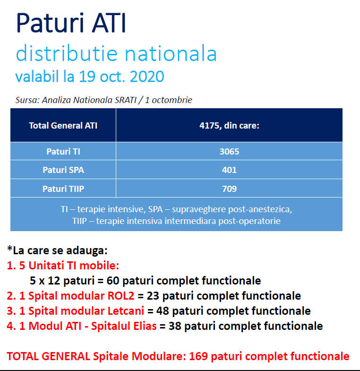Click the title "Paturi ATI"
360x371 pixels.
pyautogui.click(x=71, y=23)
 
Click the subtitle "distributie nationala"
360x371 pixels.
pyautogui.click(x=116, y=53)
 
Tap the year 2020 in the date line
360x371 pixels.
pyautogui.click(x=147, y=77)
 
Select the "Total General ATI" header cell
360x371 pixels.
pyautogui.click(x=63, y=125)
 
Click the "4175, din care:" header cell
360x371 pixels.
pyautogui.click(x=229, y=125)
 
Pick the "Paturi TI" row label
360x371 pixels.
pyautogui.click(x=63, y=151)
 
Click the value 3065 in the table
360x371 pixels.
pyautogui.click(x=229, y=151)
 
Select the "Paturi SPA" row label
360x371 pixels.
pyautogui.click(x=63, y=170)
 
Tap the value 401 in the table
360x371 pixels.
pyautogui.click(x=229, y=170)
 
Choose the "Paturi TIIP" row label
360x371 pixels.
pyautogui.click(x=63, y=189)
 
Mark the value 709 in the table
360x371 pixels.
pyautogui.click(x=229, y=189)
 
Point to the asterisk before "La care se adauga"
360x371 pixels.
pyautogui.click(x=10, y=249)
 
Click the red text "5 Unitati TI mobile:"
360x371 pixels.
pyautogui.click(x=69, y=266)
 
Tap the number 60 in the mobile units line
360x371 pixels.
pyautogui.click(x=113, y=281)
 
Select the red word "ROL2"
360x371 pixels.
pyautogui.click(x=121, y=296)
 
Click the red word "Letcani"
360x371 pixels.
pyautogui.click(x=126, y=311)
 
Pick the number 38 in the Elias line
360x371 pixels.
pyautogui.click(x=175, y=326)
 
